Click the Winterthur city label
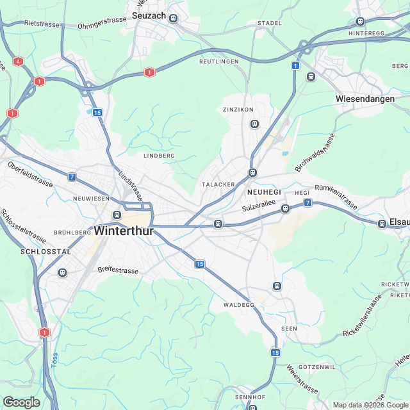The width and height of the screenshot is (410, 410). pyautogui.click(x=124, y=231)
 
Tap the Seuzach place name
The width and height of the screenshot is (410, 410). pyautogui.click(x=149, y=15)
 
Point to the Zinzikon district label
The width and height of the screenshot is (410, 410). pyautogui.click(x=234, y=110)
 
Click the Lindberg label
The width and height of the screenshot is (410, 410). pyautogui.click(x=159, y=156)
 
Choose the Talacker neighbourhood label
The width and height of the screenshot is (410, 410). pyautogui.click(x=218, y=184)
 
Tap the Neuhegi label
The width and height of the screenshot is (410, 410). pyautogui.click(x=264, y=192)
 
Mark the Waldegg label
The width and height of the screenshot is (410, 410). pyautogui.click(x=239, y=305)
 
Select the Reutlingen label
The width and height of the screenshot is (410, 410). pyautogui.click(x=218, y=61)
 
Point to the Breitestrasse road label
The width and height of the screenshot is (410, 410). pyautogui.click(x=118, y=271)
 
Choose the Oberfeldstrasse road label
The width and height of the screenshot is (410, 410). pyautogui.click(x=30, y=174)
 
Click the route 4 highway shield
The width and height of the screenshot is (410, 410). pyautogui.click(x=17, y=61)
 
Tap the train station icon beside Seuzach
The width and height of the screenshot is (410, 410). pyautogui.click(x=173, y=19)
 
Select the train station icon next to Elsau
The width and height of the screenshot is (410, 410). pyautogui.click(x=382, y=223)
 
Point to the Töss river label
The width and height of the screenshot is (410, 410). pyautogui.click(x=54, y=363)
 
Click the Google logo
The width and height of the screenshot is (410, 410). pyautogui.click(x=21, y=402)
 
